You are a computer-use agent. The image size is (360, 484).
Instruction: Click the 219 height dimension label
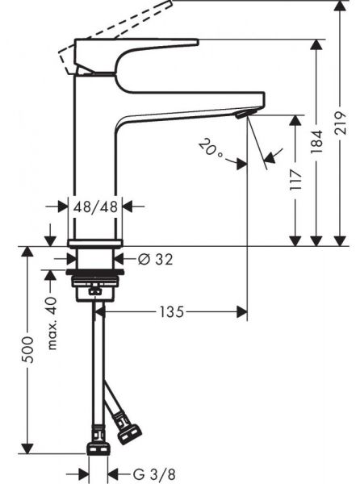[340, 123]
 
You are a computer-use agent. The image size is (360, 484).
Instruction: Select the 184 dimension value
[316, 142]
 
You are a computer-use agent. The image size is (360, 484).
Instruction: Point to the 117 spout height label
[295, 180]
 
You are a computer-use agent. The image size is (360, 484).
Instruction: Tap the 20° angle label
[211, 148]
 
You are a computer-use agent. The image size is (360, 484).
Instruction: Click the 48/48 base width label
[95, 207]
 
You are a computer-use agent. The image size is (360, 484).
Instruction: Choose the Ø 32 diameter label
[155, 259]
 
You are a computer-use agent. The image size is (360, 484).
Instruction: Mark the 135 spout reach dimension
[172, 311]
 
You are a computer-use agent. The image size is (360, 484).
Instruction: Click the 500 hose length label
[28, 350]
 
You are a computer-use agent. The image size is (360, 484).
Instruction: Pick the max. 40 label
[52, 323]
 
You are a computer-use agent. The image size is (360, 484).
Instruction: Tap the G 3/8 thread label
[154, 474]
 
